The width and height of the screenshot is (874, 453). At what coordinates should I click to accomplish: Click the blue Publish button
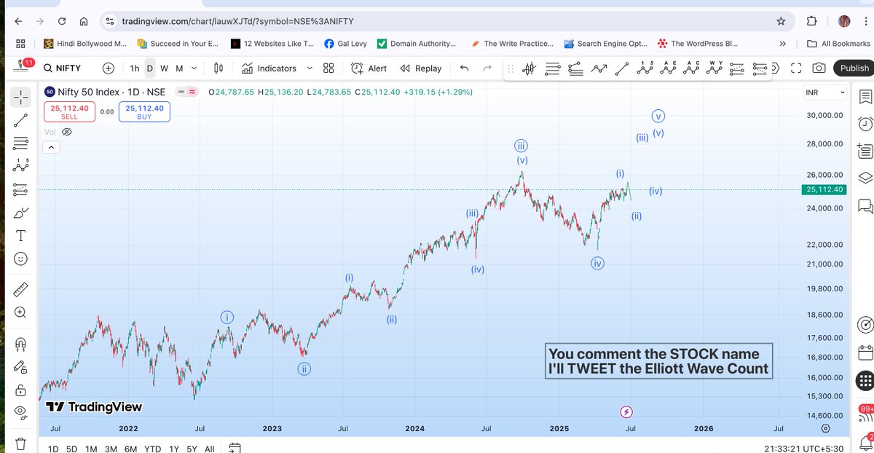(x=854, y=68)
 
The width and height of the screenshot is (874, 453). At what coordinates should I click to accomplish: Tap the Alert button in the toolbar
(x=369, y=68)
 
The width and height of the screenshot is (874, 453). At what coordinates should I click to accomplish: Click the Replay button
(x=420, y=68)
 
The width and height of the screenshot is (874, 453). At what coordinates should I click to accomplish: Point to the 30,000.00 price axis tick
(x=823, y=116)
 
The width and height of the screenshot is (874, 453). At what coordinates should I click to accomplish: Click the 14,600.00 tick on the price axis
(x=823, y=415)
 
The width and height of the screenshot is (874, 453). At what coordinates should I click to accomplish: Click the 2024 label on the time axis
(x=415, y=428)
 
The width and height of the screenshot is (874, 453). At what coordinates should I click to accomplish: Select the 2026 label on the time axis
(x=703, y=428)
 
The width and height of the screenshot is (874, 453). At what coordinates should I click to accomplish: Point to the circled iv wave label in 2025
(x=597, y=264)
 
